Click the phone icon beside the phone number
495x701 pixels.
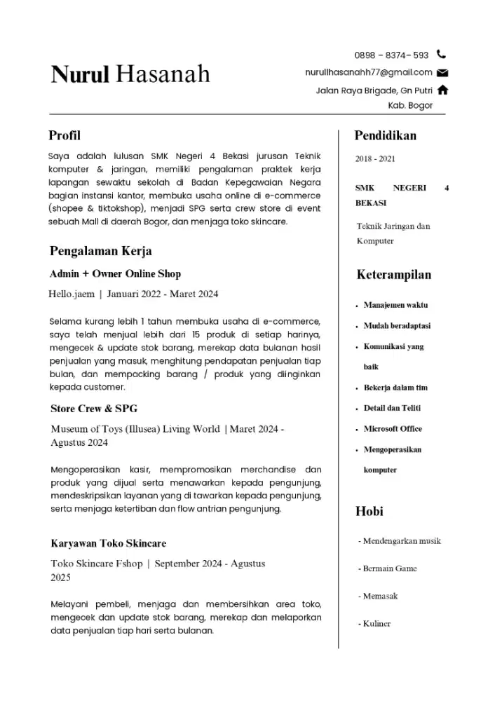tap(441, 54)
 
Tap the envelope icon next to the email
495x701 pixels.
tap(442, 72)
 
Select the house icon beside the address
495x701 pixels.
tap(442, 90)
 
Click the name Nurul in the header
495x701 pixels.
tap(80, 74)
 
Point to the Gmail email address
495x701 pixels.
tap(369, 72)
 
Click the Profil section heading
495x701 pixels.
tap(65, 135)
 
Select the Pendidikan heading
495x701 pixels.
tap(385, 135)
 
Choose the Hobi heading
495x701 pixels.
tap(369, 511)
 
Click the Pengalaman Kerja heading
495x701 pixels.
tap(101, 251)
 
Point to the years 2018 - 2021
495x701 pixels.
tap(375, 158)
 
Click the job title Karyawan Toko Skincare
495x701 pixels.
tap(108, 543)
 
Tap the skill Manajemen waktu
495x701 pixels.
tap(395, 306)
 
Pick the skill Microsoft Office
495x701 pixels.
tap(393, 429)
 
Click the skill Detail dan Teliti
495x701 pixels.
tap(392, 408)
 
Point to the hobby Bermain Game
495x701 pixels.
tap(387, 569)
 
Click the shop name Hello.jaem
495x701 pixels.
tap(71, 294)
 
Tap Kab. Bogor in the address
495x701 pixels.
tap(410, 106)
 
